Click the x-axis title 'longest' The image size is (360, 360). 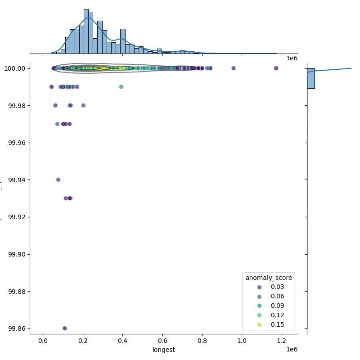164,350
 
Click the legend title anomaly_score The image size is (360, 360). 269,278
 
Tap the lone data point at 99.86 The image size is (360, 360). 65,328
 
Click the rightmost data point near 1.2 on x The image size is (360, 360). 276,68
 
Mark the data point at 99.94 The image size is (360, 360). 58,180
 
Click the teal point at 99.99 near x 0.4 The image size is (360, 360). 121,87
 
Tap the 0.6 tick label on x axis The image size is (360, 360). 162,341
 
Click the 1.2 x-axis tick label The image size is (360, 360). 282,341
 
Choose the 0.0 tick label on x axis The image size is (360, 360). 43,341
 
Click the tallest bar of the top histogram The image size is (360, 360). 86,31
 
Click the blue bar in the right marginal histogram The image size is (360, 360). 311,78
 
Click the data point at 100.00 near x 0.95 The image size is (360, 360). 234,68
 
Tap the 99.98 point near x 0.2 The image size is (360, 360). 83,105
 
